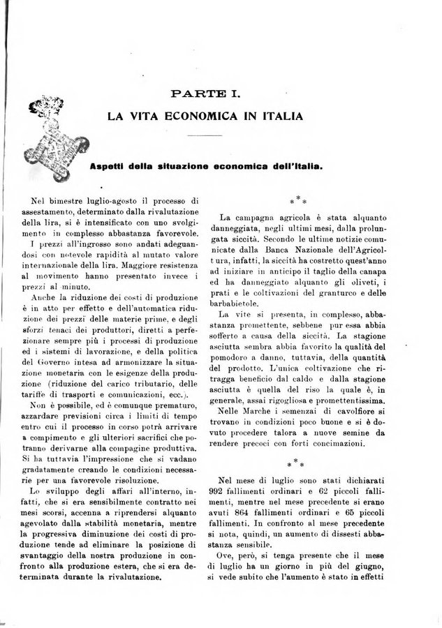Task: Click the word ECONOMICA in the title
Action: (x=205, y=116)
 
